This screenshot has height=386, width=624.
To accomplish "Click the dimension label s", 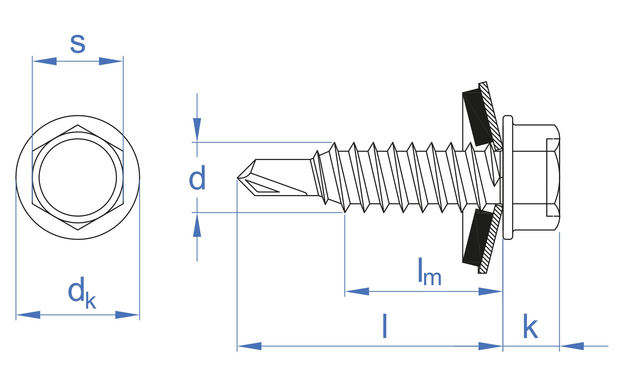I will coord(78,44).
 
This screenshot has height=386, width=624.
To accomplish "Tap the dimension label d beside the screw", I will coord(197,178).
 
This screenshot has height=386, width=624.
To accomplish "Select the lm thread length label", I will coord(429,272).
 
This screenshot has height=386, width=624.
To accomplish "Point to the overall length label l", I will coord(384,326).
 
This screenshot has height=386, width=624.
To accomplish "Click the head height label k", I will coord(530,327).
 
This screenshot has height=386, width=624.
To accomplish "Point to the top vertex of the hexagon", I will coord(78,125).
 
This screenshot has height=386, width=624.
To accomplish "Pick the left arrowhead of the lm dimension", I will coord(357,291).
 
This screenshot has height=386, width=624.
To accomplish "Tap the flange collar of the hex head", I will coord(508,177).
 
